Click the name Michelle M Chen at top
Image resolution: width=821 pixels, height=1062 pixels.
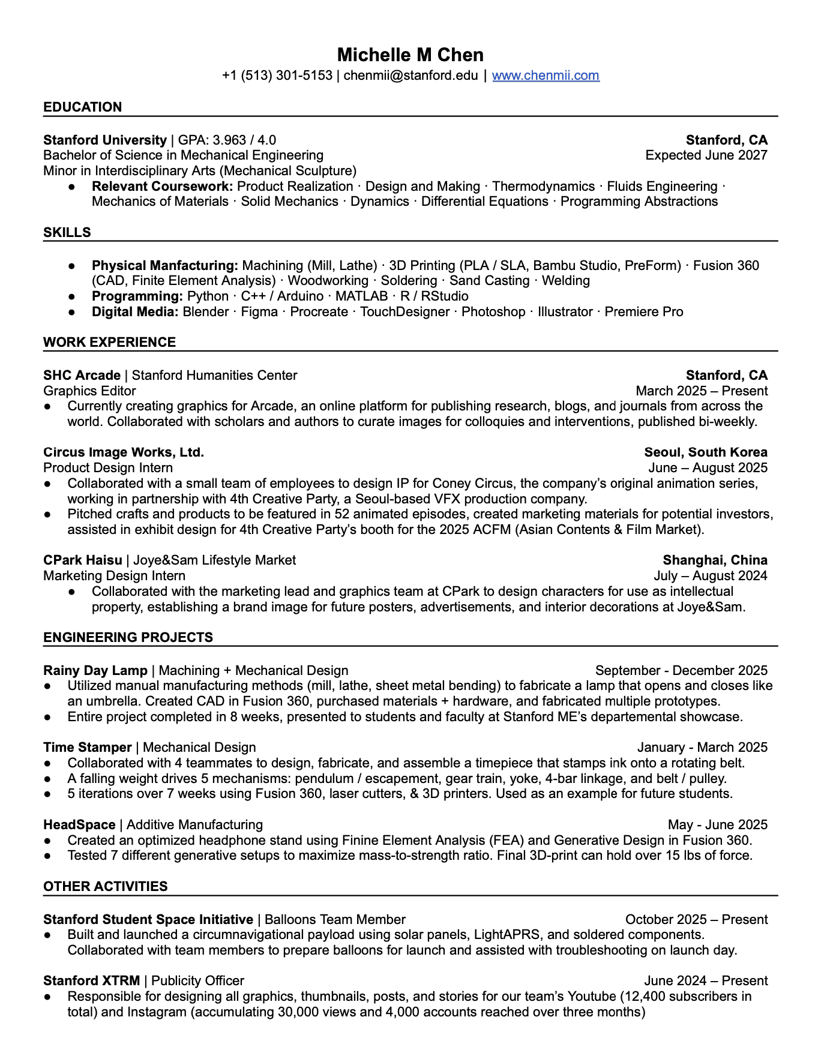tap(410, 55)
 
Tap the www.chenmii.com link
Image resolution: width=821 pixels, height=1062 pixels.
tap(546, 76)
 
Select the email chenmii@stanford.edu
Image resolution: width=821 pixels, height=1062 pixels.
tap(410, 76)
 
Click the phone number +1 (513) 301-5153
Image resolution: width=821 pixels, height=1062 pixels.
tap(277, 76)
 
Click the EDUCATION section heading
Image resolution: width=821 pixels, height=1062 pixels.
tap(83, 107)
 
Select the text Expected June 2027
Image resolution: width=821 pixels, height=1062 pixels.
tap(706, 155)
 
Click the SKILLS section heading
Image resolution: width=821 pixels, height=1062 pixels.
tap(67, 233)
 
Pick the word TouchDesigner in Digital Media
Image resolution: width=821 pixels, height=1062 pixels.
tap(404, 312)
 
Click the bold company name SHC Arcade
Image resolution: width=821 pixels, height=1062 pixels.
tap(82, 376)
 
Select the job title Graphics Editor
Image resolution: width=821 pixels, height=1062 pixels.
tap(89, 391)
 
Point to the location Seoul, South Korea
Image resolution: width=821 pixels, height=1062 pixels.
tap(705, 452)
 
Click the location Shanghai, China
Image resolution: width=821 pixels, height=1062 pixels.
tap(715, 560)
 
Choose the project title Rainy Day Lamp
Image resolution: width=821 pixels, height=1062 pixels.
tap(95, 671)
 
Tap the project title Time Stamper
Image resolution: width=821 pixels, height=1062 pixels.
tap(88, 748)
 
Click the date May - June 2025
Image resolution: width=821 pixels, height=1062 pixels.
tap(717, 825)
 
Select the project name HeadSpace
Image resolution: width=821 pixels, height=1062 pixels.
tap(79, 825)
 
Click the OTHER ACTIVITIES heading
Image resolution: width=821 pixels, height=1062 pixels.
tap(106, 887)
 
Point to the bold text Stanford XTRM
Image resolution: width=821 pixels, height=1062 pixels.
tap(91, 981)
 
